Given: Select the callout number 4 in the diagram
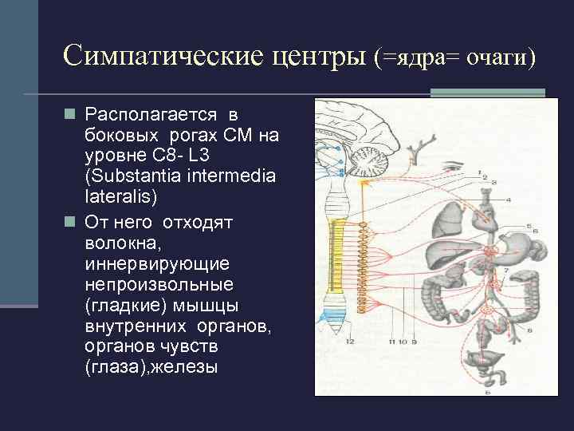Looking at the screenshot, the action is [508, 198].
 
